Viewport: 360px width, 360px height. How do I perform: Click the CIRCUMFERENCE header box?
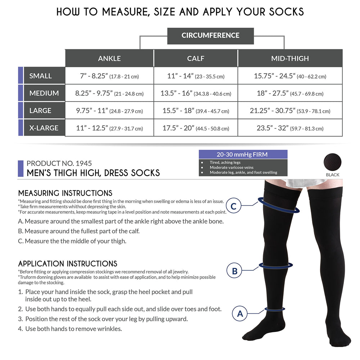tap(210, 36)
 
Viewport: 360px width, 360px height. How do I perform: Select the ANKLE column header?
tap(109, 58)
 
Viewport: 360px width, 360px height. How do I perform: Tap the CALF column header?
tap(195, 58)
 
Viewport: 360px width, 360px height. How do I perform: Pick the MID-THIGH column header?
tap(290, 58)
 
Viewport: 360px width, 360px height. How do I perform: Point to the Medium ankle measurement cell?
tap(109, 93)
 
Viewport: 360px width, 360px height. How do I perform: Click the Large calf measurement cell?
tap(195, 111)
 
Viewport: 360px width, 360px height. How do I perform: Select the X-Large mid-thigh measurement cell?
tap(290, 128)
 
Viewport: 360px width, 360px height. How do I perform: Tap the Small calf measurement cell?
tap(195, 76)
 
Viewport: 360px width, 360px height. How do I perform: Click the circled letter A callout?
tap(240, 314)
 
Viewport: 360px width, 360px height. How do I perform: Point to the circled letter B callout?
tap(234, 271)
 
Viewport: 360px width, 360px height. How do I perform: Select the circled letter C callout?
tap(234, 206)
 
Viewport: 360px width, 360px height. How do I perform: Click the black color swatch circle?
tap(332, 162)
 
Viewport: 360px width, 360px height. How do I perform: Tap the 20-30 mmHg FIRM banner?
tap(243, 154)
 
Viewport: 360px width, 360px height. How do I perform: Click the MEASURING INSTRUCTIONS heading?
tap(65, 193)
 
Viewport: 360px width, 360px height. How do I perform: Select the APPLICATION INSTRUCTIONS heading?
tap(68, 264)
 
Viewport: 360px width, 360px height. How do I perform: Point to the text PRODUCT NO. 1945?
tap(59, 163)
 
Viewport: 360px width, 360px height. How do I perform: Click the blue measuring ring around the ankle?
tap(275, 309)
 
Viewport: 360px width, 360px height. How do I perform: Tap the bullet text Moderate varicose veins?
tap(231, 167)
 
